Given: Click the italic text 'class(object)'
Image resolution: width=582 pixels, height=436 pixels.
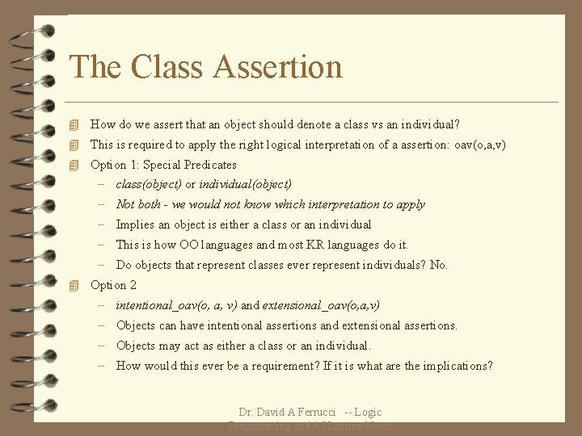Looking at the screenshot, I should [x=149, y=185].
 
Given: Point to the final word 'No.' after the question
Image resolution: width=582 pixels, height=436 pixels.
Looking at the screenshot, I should [x=439, y=265].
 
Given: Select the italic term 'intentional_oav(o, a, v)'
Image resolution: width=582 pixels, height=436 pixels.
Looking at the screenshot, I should [x=176, y=305].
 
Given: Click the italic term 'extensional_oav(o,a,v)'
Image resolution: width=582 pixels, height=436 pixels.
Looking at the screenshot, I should [x=321, y=305].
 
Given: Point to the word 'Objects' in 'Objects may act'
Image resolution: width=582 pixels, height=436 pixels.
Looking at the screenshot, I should [x=136, y=346].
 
